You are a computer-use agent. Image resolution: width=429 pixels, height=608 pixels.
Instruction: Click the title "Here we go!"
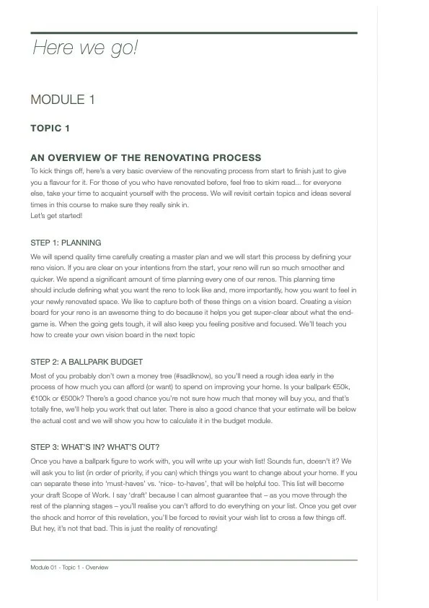(84, 48)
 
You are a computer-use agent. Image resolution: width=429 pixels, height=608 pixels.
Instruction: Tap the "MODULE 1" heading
(63, 100)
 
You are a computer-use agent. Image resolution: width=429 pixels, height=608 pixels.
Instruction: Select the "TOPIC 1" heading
(50, 129)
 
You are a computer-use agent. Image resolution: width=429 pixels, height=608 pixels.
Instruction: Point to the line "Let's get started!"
(56, 215)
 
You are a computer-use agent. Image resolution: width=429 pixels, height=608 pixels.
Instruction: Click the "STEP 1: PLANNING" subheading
(66, 243)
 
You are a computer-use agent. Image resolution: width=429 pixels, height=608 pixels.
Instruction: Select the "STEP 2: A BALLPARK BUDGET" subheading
(87, 362)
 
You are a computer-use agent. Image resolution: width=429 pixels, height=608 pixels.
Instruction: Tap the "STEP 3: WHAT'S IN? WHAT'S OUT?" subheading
(95, 446)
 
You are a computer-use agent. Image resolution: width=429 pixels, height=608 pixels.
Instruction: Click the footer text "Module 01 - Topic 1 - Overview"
(69, 568)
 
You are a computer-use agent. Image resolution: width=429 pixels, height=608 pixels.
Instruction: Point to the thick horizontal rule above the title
(193, 32)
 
